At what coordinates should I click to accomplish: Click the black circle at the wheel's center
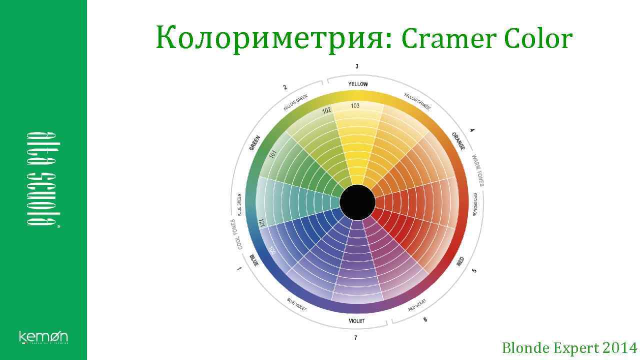point(357,202)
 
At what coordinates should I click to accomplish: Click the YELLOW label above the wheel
point(357,84)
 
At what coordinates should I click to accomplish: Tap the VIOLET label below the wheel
point(356,321)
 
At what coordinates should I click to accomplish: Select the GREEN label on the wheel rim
point(254,142)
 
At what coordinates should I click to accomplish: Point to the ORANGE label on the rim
point(458,141)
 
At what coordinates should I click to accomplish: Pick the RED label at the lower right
point(460,261)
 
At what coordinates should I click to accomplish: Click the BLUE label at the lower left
point(254,260)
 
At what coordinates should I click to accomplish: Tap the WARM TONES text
point(478,170)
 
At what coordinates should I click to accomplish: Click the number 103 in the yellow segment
point(355,105)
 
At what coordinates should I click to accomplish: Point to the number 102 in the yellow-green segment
point(326,110)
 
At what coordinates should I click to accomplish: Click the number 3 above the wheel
point(357,66)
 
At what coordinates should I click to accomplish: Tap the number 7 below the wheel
point(355,338)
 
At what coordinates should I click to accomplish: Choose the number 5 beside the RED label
point(474,270)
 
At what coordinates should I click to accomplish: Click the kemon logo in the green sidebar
point(43,337)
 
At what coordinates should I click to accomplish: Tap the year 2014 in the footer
point(620,347)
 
